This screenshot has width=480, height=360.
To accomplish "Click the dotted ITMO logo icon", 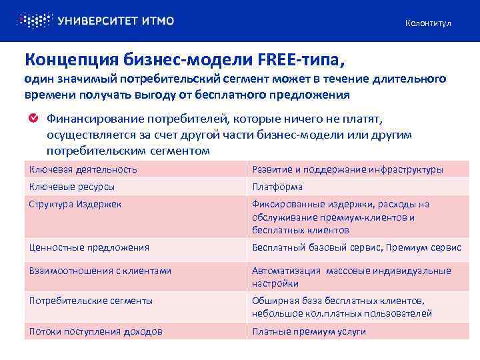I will tap(34, 20).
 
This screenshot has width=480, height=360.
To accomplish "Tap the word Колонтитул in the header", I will tap(428, 23).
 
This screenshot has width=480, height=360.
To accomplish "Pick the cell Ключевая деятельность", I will tap(83, 169).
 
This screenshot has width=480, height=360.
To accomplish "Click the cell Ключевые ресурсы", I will tap(72, 187).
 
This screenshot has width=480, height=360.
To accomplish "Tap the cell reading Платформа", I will tap(277, 187).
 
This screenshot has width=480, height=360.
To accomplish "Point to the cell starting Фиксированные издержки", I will tap(341, 217).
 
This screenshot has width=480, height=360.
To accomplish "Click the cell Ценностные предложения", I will tap(89, 247).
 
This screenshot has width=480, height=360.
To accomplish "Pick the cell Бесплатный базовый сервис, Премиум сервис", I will tap(356, 247).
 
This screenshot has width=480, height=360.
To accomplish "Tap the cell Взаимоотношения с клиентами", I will tap(100, 271).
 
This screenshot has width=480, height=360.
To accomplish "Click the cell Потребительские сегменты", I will tap(91, 301).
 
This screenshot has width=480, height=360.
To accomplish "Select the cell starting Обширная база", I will tap(342, 307).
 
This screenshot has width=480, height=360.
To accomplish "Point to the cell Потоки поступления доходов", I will tap(95, 331).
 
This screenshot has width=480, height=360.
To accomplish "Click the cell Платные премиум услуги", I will tap(309, 331).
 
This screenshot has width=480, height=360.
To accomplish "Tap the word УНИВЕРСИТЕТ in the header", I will tap(97, 21).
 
